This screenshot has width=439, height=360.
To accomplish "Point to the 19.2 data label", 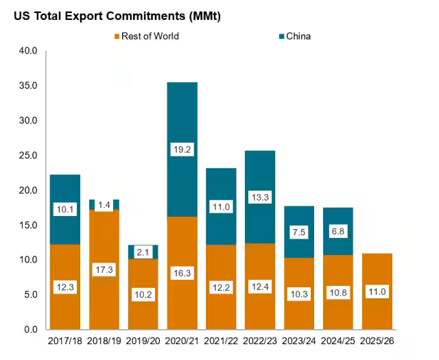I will click(182, 149).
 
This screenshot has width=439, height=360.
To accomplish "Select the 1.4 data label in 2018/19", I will click(104, 205).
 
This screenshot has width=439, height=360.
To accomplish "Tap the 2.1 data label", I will click(143, 253).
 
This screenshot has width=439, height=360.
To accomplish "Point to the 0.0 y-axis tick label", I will click(30, 330).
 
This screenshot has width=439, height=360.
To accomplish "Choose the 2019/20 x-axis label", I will click(143, 341).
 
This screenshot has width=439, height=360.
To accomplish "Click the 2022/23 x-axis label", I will click(259, 341).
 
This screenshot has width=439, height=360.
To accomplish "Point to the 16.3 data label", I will click(182, 272).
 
